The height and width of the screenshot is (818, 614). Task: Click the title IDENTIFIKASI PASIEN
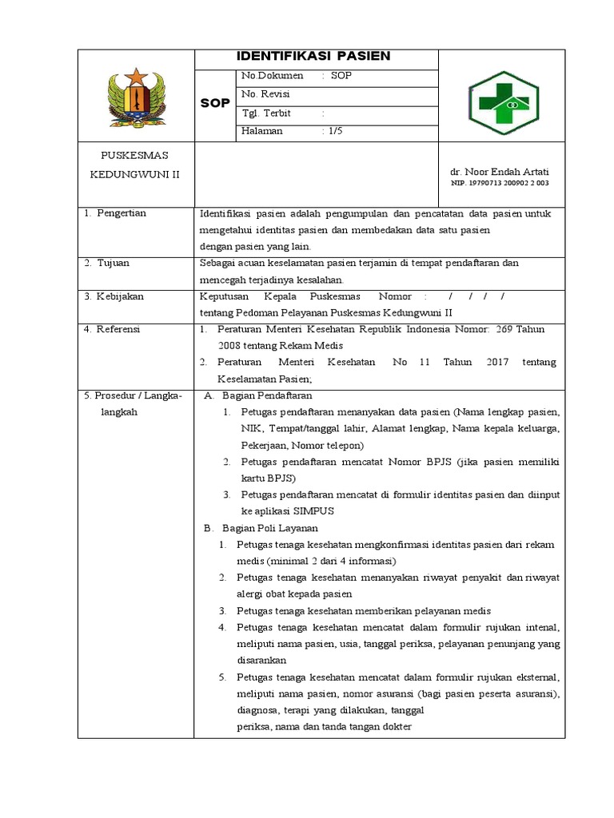click(x=313, y=56)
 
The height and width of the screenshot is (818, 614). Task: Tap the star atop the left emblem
click(x=136, y=76)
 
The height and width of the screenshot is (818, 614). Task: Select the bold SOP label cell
click(x=215, y=104)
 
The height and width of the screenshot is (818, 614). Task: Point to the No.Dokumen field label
click(x=272, y=76)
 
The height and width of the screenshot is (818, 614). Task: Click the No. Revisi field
click(x=265, y=94)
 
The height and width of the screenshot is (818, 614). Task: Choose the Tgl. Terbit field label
click(x=266, y=113)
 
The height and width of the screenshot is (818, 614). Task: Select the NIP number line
click(x=495, y=183)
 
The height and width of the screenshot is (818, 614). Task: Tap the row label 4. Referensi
click(x=114, y=328)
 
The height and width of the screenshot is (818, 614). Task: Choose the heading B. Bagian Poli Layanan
click(x=261, y=528)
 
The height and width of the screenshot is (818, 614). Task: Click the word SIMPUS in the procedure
click(x=314, y=510)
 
